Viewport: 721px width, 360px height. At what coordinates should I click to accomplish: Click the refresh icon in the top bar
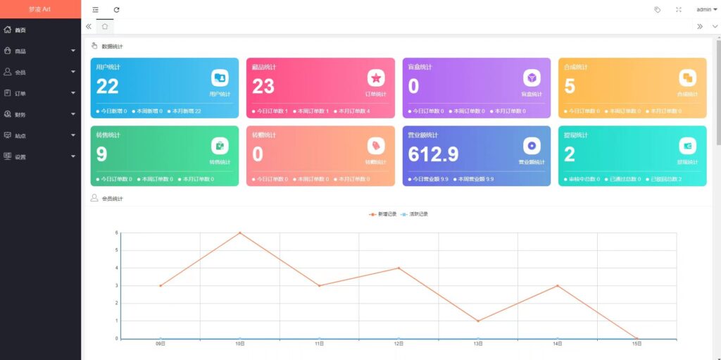[117, 9]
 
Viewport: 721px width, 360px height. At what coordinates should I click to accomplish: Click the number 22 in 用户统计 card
[108, 86]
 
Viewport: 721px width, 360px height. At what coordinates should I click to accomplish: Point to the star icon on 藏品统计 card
[376, 77]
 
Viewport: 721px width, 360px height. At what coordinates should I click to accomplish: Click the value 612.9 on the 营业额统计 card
[433, 154]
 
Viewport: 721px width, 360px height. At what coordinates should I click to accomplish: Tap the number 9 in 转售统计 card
[101, 154]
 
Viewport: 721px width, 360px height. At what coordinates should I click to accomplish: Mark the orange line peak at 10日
[239, 232]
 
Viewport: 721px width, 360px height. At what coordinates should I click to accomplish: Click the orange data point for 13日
[478, 321]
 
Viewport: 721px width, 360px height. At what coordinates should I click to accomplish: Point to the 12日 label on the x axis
[399, 344]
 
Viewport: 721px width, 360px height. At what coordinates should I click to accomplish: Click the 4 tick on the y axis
[116, 268]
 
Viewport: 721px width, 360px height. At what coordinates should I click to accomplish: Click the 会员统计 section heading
[112, 199]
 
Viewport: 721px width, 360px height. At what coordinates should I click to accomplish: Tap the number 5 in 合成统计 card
[570, 86]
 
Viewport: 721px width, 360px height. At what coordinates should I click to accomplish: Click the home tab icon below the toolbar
[105, 26]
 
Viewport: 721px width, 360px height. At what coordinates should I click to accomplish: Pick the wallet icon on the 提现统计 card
[687, 145]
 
